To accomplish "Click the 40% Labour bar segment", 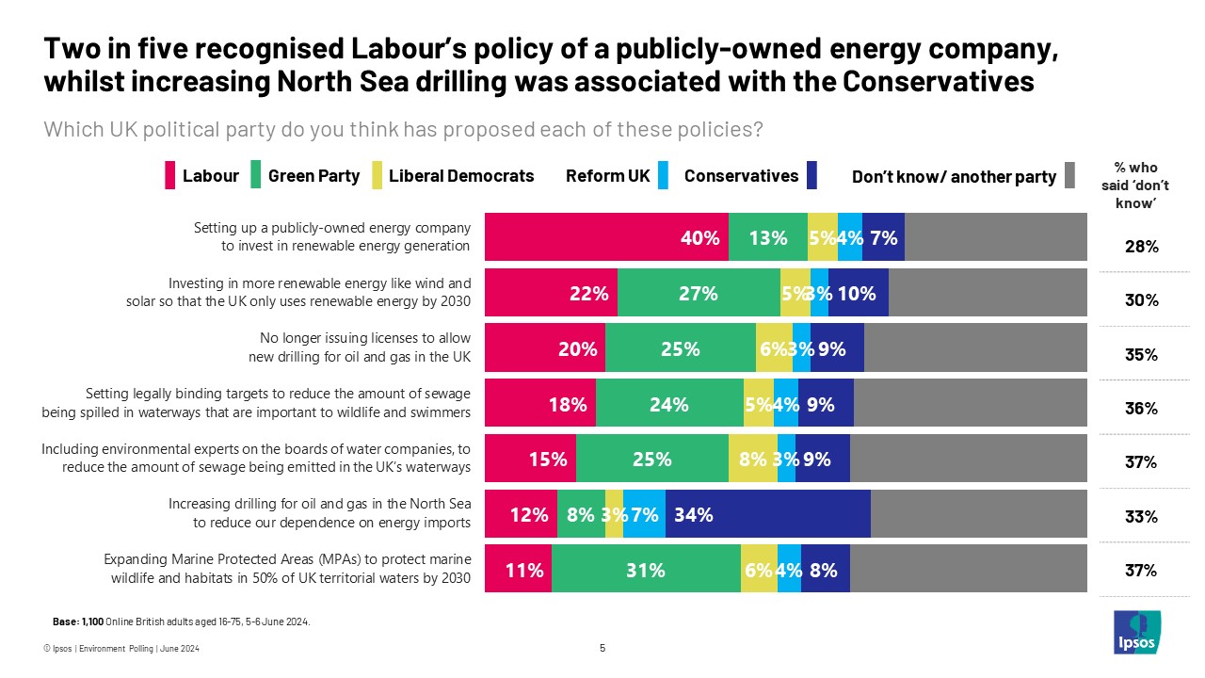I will [x=606, y=238].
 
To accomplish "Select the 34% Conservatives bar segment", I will [x=767, y=515].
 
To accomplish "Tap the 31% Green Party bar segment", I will [x=646, y=570].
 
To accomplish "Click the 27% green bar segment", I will [x=699, y=293].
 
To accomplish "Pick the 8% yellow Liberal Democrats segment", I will [x=752, y=460].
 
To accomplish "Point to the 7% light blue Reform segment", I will [x=644, y=515].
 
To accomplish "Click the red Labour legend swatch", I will [x=170, y=175].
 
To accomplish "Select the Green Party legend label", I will [x=313, y=175].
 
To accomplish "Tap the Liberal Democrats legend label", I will [x=460, y=175].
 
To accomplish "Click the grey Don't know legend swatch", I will [x=1069, y=175].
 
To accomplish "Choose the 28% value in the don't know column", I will [x=1141, y=247].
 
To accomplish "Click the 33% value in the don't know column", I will [x=1141, y=516].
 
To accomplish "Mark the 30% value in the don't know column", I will [x=1141, y=300].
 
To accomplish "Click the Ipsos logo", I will [x=1136, y=632].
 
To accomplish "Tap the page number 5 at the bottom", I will [x=602, y=648].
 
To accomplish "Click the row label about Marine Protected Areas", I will [x=286, y=569].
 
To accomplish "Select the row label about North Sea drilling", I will [x=319, y=514].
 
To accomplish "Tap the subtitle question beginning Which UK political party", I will [x=403, y=130].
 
